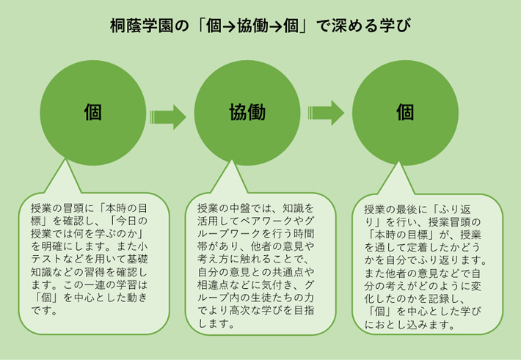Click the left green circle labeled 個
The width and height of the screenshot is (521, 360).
pos(93,113)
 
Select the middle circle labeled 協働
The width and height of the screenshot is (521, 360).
pos(247,113)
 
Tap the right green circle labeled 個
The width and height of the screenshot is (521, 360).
pos(405,113)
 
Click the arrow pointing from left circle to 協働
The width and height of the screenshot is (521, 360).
pos(168,117)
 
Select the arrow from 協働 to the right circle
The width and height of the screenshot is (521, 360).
pos(326,113)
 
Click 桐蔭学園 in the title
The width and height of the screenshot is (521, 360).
pos(142,26)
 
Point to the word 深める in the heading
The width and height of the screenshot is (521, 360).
pos(355,26)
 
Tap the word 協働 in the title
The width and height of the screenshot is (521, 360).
pos(252,26)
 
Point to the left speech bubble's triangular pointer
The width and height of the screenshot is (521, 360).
pos(64,180)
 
